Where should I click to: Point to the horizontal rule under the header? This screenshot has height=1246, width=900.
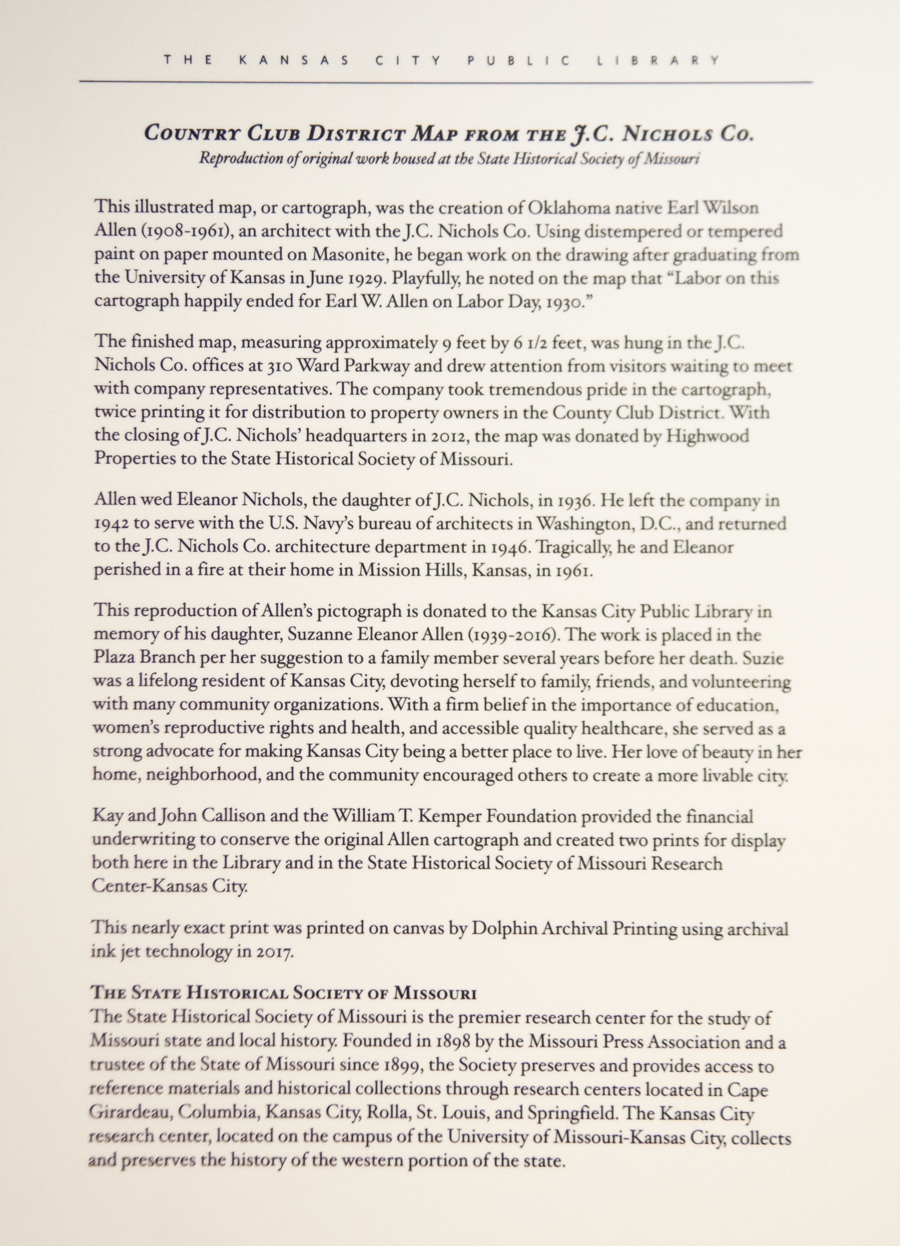coord(445,81)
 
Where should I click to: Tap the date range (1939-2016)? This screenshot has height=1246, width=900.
coord(513,635)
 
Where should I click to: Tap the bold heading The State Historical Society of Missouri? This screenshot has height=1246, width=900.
coord(283,993)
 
